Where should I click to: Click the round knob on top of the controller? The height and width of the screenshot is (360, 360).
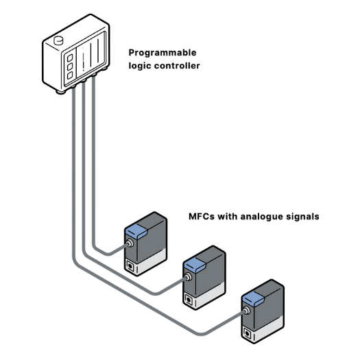(58, 40)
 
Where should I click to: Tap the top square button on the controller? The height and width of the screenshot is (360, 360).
(70, 58)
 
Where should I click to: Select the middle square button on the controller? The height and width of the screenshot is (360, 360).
(70, 67)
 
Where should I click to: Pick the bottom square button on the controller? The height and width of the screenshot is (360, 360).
(70, 75)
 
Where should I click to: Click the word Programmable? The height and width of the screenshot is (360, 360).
(163, 53)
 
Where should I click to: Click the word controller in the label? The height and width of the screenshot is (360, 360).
(177, 66)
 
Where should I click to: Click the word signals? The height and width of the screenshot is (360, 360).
(302, 217)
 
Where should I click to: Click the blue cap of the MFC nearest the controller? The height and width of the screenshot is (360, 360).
(136, 230)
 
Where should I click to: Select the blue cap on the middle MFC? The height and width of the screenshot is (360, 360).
(195, 265)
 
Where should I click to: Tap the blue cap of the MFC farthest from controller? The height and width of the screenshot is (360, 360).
(253, 299)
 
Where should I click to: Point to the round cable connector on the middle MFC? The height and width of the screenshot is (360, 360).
(188, 277)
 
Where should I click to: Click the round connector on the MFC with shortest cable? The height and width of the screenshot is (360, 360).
(130, 243)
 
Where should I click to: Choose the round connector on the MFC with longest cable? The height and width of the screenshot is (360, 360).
(247, 311)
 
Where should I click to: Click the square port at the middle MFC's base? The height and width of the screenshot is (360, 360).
(189, 300)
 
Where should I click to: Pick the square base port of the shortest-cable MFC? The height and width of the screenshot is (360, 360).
(130, 266)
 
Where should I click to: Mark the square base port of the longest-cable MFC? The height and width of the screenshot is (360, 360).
(248, 333)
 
